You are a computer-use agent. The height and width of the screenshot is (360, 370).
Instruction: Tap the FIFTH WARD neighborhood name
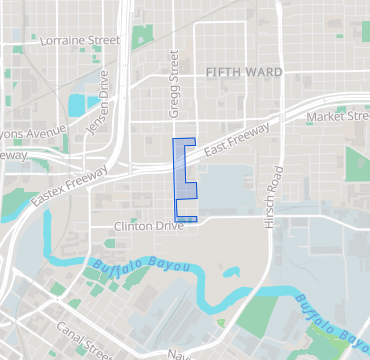[244, 73]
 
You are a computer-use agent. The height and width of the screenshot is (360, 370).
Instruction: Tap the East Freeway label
[237, 140]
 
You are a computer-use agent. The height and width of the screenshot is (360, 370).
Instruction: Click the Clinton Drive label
[150, 227]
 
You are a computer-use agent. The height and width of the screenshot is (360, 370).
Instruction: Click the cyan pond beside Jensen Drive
[77, 103]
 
